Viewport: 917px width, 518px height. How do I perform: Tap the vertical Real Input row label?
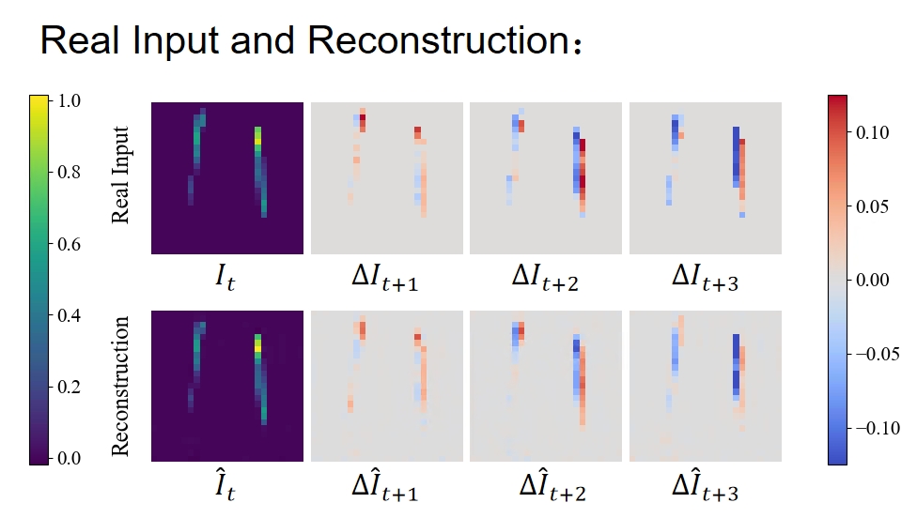[120, 175]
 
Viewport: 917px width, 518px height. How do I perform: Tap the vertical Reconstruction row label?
[120, 385]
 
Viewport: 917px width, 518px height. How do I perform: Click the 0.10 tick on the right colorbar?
[872, 133]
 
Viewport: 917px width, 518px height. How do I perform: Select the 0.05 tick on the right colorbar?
[872, 206]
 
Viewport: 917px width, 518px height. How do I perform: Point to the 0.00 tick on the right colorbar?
[872, 280]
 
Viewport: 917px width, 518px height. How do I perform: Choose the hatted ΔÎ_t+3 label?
[706, 485]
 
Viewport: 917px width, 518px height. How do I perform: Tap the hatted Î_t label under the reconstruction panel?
[225, 485]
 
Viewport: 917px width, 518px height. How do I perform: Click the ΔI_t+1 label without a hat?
[386, 278]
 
